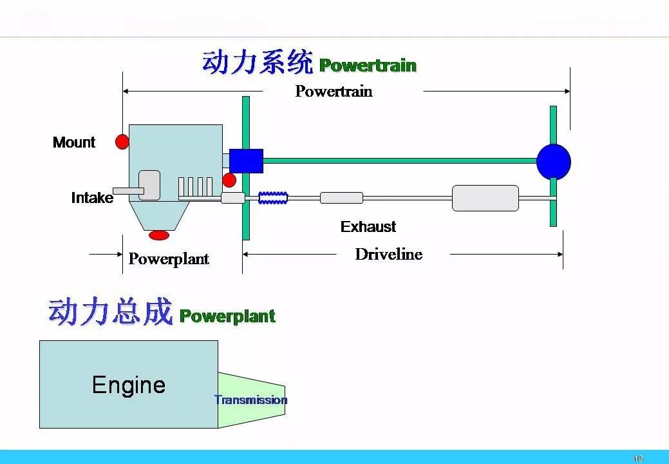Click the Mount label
coord(74,142)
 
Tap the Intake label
coord(92,198)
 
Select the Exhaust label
coord(368,226)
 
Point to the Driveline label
coord(389,254)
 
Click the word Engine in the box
coord(128,385)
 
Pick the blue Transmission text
coord(251,400)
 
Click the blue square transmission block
coord(246,161)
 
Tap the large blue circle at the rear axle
coord(553,162)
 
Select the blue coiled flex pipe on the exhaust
coord(273,198)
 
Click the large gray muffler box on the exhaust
coord(485,198)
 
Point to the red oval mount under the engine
coord(159,235)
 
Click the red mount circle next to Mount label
coord(122,142)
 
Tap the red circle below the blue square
coord(229,180)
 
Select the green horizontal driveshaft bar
coord(400,161)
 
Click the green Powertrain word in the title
coord(368,66)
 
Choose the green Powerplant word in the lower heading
coord(227,316)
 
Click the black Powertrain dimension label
coord(334,91)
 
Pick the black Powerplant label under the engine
coord(169,258)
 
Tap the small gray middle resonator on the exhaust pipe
coord(342,198)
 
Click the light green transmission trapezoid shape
coord(252,400)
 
